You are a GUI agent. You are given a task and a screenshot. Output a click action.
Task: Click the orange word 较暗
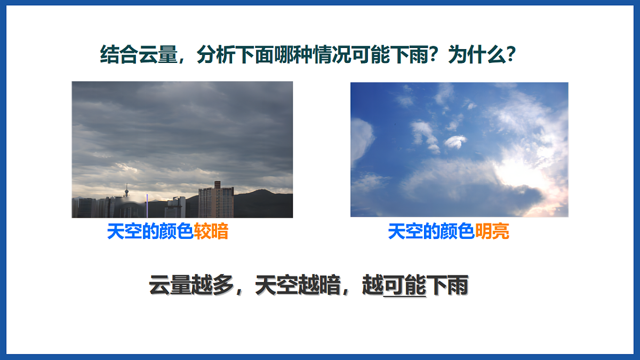[211, 232]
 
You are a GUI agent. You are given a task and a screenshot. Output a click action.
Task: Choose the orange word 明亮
[492, 232]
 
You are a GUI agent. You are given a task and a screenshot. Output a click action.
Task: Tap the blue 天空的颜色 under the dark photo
[150, 232]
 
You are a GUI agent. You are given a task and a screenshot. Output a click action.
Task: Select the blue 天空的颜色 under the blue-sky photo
[430, 232]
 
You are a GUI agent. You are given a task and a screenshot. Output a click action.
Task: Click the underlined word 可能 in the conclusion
[405, 286]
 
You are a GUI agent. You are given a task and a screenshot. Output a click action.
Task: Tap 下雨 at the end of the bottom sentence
[448, 286]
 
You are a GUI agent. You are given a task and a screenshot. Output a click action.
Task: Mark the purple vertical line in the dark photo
[147, 205]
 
